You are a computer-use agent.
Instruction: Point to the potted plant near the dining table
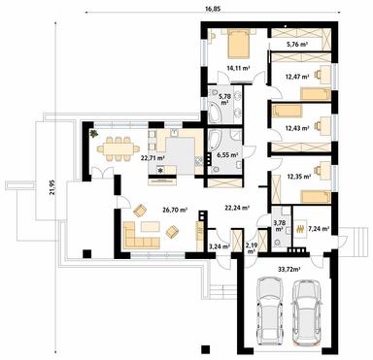coord(95,134)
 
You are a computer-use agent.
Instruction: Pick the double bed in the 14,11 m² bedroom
coord(238,44)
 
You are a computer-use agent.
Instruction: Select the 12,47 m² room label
coord(296,75)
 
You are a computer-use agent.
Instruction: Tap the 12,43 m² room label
coord(297,128)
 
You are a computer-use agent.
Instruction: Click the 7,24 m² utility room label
coord(320,228)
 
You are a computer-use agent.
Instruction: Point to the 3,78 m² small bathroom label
coord(280,226)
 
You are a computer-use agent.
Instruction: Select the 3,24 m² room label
coord(220,246)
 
